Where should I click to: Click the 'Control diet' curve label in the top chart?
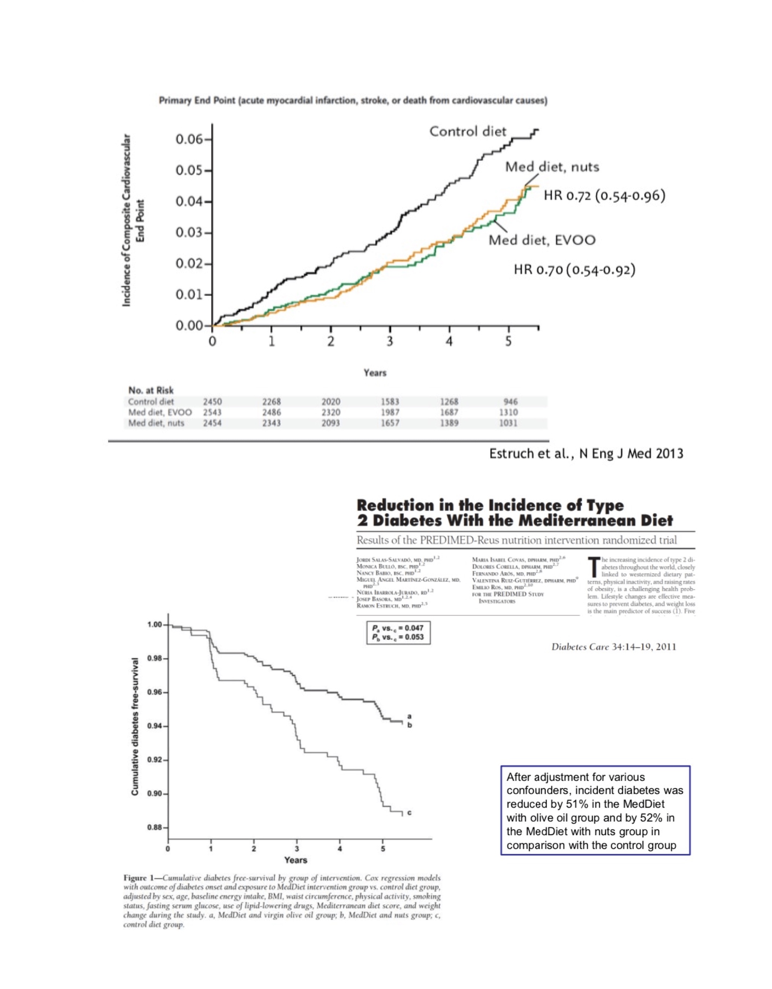tap(467, 131)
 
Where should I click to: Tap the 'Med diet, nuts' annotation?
tap(551, 167)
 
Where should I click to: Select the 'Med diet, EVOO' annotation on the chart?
tap(542, 240)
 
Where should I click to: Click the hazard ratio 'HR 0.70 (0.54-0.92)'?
tap(574, 270)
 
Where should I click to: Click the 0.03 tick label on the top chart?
tap(189, 233)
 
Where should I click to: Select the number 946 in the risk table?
tap(510, 402)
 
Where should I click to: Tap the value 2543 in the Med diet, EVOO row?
tap(212, 413)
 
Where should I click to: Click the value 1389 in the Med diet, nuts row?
tap(449, 424)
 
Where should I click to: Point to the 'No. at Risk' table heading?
tap(151, 390)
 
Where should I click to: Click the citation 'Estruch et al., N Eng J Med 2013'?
tap(586, 454)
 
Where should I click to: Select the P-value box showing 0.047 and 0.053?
tap(398, 633)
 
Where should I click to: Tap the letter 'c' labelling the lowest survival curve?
tap(409, 812)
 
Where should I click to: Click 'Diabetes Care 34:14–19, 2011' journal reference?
tap(613, 647)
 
